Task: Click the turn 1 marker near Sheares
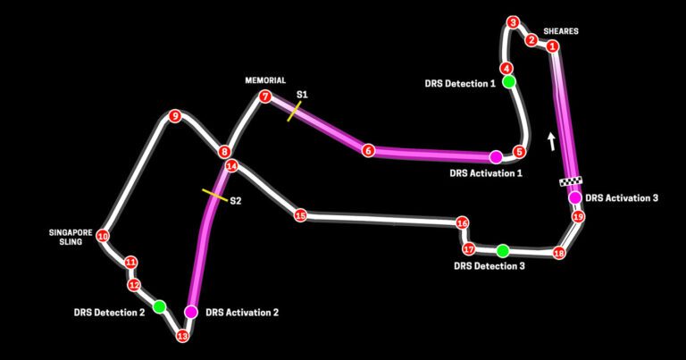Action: pos(553,46)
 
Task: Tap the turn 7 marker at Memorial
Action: pos(264,96)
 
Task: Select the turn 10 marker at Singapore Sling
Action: pos(103,237)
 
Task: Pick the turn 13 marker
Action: pos(182,337)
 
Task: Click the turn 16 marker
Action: pos(462,223)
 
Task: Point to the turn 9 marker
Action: pos(175,115)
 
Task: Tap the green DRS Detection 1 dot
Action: pos(508,82)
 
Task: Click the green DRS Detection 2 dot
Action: pos(159,307)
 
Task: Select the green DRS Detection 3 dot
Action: pos(503,250)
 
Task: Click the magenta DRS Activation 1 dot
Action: pos(496,156)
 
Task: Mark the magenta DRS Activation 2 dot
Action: pos(190,312)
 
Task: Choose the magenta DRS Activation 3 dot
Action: pos(575,197)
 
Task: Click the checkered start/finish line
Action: pos(570,182)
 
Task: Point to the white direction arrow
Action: pos(551,140)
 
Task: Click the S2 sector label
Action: pos(236,201)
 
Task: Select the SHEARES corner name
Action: pos(561,31)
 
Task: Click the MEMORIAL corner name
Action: pos(264,80)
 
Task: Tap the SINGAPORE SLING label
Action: pos(71,236)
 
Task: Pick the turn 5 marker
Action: pos(519,152)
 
